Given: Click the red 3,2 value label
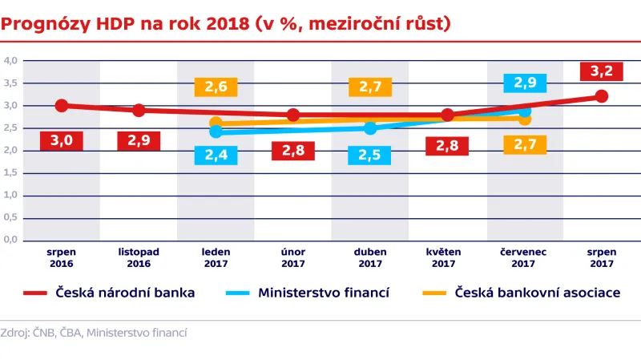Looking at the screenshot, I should point(601,72).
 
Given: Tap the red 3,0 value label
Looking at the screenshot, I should point(61,141).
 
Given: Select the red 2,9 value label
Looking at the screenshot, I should point(139,141).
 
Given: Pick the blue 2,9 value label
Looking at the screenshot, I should point(526,83).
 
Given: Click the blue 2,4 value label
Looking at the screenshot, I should point(215,155).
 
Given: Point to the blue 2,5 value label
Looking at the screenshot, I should point(369,154).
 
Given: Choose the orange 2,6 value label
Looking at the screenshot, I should point(216,87).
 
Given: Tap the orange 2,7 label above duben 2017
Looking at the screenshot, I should point(370,87).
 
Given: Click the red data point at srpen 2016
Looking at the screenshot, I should point(61,106).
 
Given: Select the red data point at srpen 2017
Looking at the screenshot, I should point(602,96).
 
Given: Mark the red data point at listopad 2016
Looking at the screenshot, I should point(139,110).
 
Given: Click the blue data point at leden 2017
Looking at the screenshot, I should point(216,131).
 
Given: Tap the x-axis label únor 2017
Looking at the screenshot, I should point(292,257).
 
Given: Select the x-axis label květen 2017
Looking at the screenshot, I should point(447,257).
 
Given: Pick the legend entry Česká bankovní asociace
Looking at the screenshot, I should point(521,293).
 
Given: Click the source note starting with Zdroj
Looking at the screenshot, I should point(94,332).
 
